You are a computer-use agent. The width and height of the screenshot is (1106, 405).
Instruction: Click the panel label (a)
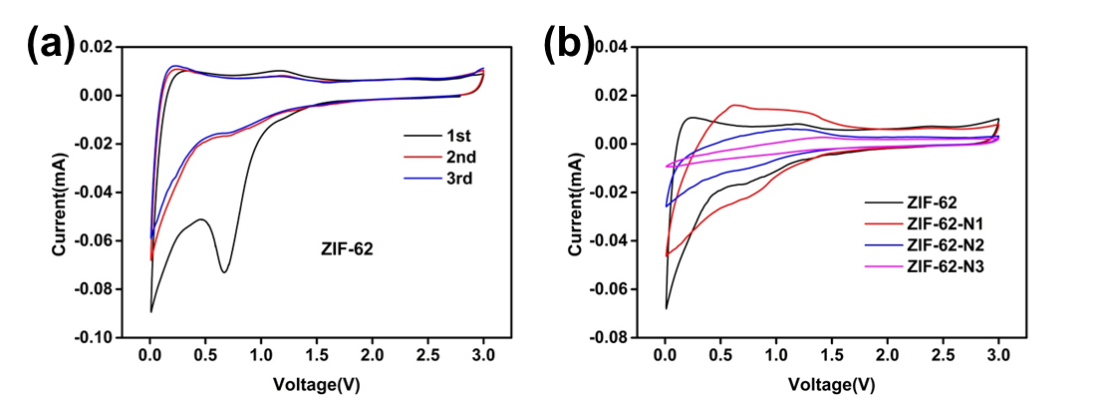(x=51, y=44)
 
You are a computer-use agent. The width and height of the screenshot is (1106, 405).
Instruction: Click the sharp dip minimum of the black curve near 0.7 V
(x=225, y=271)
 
